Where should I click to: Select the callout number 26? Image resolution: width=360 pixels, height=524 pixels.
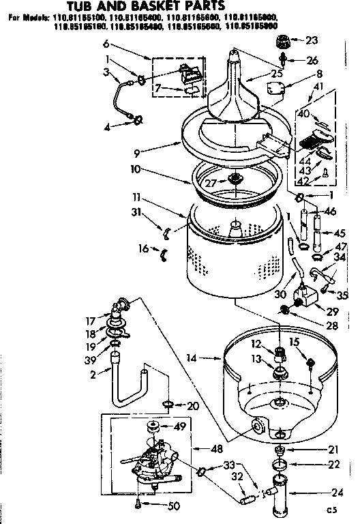[312, 60]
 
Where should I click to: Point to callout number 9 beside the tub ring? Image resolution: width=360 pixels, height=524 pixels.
[139, 153]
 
